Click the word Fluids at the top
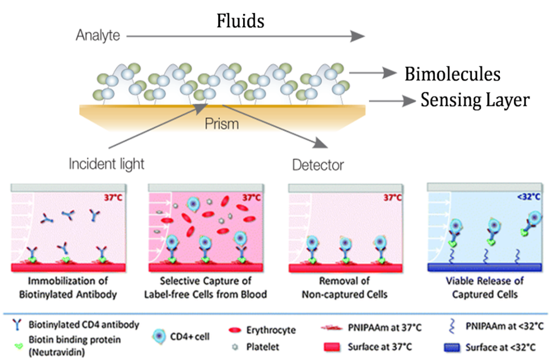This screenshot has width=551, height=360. click(x=240, y=21)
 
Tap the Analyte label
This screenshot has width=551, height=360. click(x=98, y=36)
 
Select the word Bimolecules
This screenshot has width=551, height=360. click(x=452, y=74)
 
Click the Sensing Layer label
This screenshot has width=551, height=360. click(x=475, y=101)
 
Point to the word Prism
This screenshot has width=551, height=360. click(x=222, y=123)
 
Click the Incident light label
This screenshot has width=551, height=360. click(x=107, y=164)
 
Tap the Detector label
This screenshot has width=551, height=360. click(x=318, y=165)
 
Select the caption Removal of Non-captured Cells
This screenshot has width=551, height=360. click(x=344, y=288)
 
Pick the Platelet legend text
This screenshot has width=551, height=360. click(x=262, y=347)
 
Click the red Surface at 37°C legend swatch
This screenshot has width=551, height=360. click(x=332, y=347)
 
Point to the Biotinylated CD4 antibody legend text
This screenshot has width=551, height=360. click(x=84, y=324)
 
